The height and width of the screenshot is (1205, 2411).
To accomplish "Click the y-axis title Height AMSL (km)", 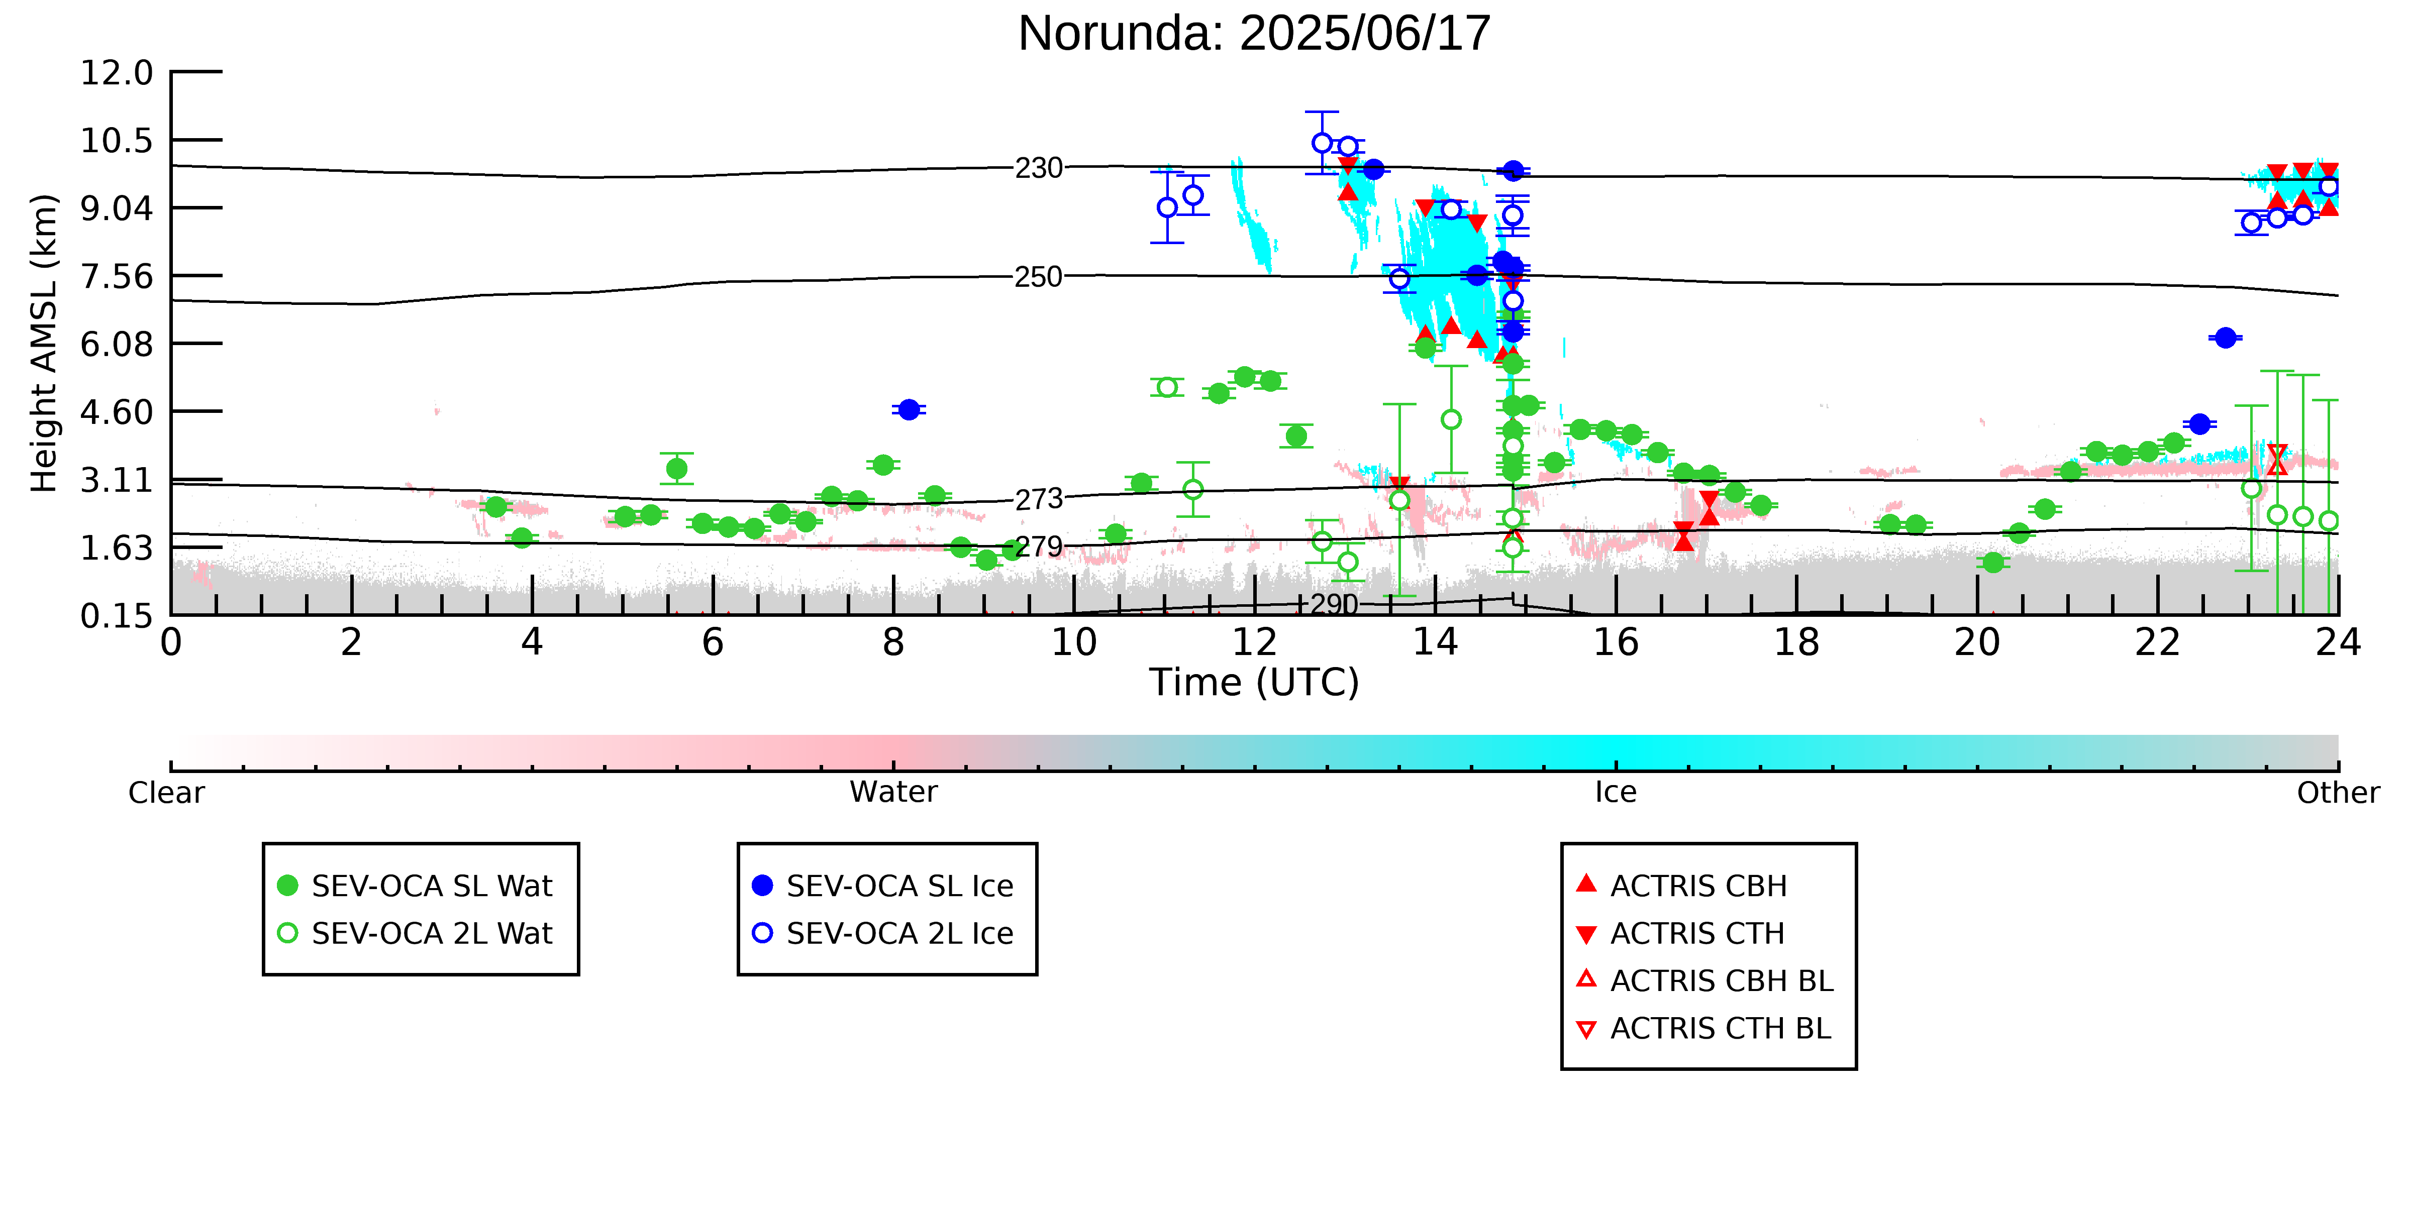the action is coord(44,344).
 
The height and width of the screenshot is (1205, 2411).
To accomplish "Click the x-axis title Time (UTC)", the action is coord(1254,682).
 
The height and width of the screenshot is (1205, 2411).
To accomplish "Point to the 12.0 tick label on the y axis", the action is coord(117,72).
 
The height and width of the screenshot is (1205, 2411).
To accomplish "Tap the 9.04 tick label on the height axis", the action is coord(117,207).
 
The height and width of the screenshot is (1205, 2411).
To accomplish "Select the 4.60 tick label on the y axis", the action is coord(117,412).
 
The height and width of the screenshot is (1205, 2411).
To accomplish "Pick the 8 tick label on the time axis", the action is coord(894,643).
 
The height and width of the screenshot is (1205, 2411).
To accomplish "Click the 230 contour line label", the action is coord(1039,168).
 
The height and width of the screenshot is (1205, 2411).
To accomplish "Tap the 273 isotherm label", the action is coord(1039,500).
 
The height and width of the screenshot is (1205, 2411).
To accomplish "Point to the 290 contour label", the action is coord(1334,604).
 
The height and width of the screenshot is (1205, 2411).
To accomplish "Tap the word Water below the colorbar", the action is coord(894,793).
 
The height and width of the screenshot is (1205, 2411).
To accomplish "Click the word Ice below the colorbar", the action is coord(1617,793).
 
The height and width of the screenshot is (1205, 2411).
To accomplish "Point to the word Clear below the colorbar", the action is coord(167,793).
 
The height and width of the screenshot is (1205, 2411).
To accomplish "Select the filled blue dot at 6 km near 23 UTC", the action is coord(2226,338).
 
